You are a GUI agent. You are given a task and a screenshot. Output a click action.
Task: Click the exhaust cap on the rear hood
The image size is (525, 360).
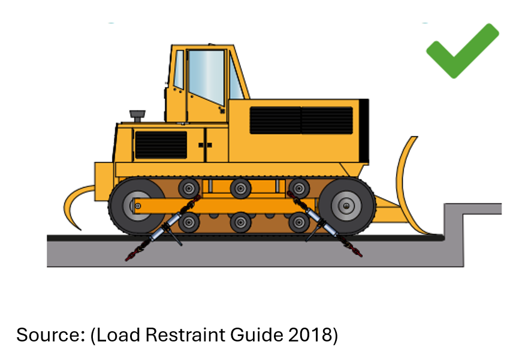coord(137,116)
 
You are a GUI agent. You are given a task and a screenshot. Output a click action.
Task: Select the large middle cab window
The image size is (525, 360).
coord(206,76)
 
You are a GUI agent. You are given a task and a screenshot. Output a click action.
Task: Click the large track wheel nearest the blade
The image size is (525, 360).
coord(347,205)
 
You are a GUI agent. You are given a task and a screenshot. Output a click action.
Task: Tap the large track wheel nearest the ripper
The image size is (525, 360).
coord(137,205)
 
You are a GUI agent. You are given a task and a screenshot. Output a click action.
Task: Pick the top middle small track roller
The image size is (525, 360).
coord(240,188)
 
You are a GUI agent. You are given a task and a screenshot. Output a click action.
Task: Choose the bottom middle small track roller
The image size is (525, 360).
coord(240,222)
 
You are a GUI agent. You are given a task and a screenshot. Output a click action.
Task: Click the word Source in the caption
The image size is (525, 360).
coord(50,335)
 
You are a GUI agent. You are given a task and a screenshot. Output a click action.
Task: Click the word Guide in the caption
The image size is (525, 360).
coord(257,335)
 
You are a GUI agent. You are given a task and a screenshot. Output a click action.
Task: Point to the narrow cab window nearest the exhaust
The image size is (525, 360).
coord(179,69)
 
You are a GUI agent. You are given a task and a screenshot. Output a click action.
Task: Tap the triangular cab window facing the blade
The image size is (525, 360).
coord(236,78)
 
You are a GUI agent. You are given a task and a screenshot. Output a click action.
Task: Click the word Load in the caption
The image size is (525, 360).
coord(118,335)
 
